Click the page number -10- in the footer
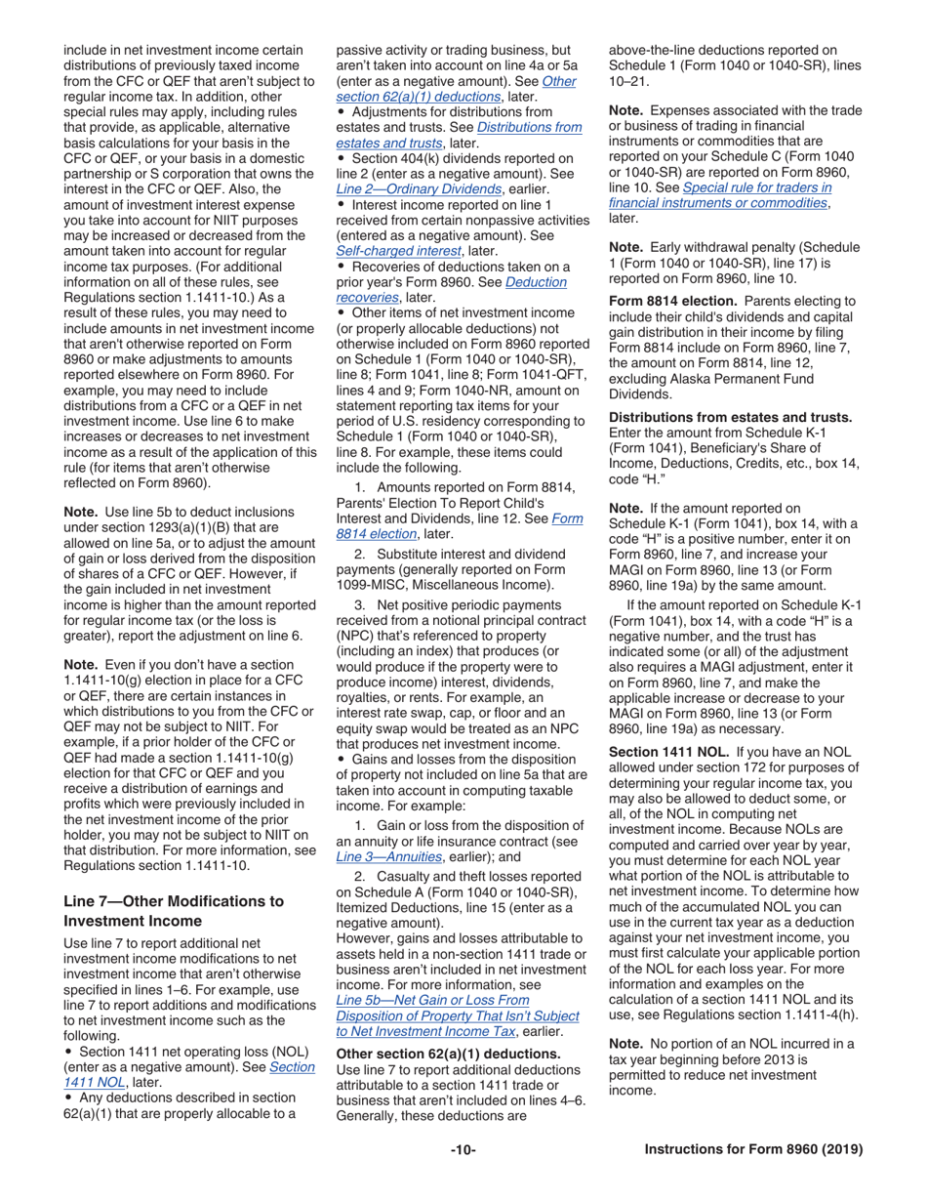(463, 1149)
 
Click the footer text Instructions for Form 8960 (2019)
(753, 1149)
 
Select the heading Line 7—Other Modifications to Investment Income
(174, 910)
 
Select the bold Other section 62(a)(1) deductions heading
(448, 1054)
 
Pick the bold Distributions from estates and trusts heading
(730, 417)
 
